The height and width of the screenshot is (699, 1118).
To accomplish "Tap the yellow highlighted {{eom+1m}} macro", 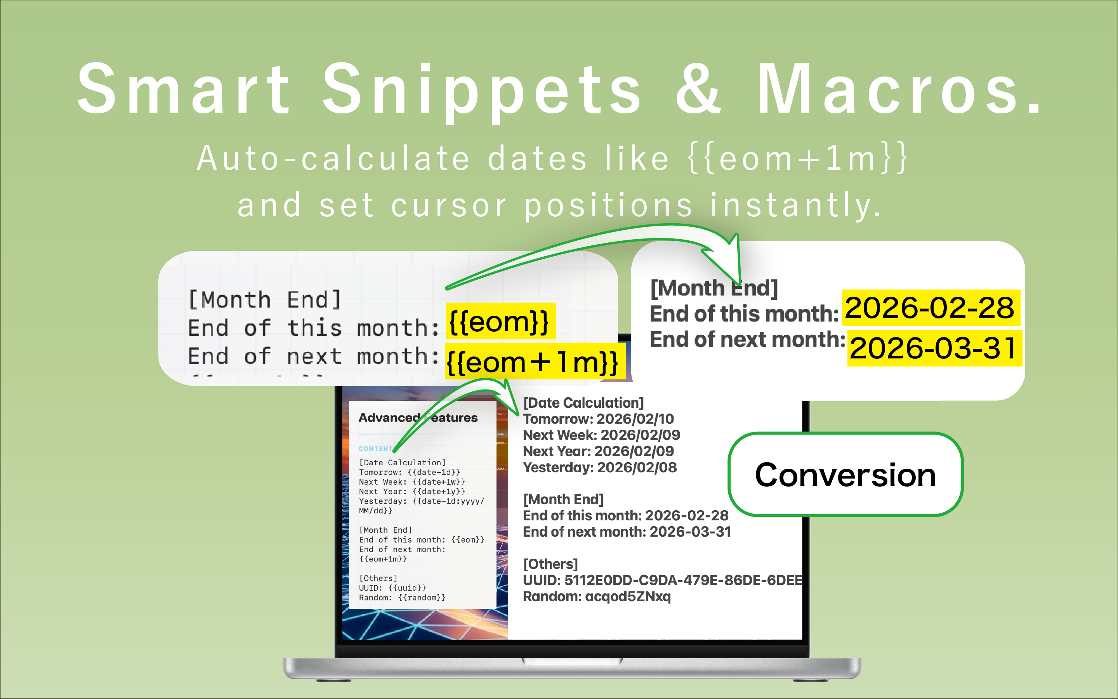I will click(x=534, y=362).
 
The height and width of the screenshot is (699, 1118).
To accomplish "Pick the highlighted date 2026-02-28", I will click(x=929, y=308).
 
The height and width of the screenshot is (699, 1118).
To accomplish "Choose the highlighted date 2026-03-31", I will click(x=934, y=348).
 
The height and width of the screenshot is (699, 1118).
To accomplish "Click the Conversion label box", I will click(x=845, y=475).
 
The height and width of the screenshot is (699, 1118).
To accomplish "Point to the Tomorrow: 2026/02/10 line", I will click(x=598, y=419).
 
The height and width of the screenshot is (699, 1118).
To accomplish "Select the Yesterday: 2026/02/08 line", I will click(x=600, y=468).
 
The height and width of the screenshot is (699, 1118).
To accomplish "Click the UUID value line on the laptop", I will click(x=662, y=581).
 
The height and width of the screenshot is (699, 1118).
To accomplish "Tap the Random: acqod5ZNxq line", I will click(x=596, y=597).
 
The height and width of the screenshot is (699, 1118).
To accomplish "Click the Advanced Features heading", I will click(x=418, y=418).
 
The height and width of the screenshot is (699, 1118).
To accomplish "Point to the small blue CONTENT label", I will click(x=375, y=449).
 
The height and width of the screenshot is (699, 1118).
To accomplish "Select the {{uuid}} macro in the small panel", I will click(x=407, y=588).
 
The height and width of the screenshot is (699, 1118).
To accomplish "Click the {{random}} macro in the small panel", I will click(x=421, y=598).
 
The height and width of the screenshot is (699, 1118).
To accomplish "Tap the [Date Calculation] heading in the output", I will click(x=583, y=403).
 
